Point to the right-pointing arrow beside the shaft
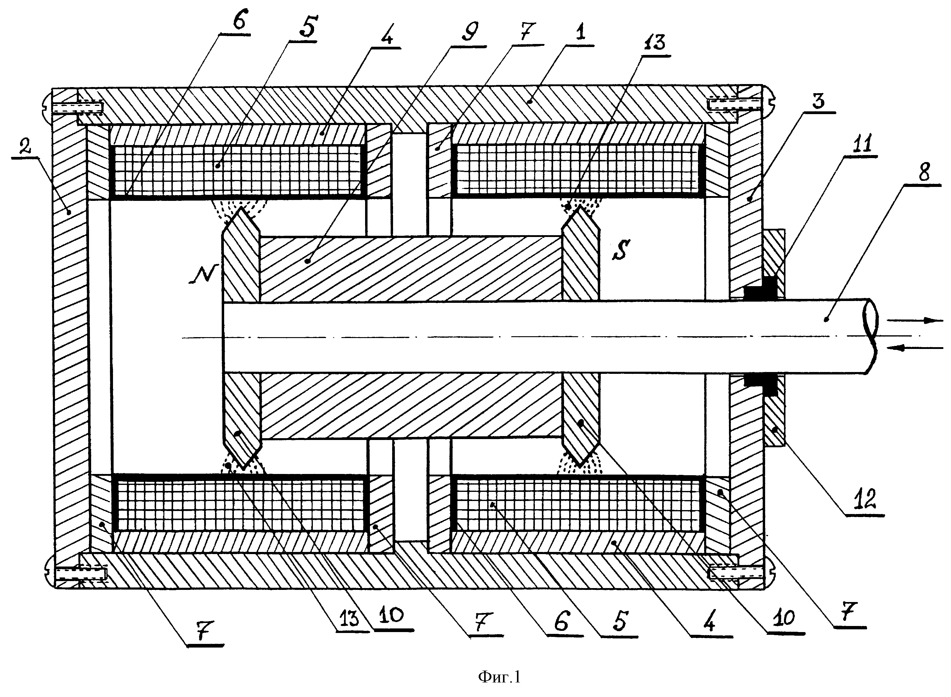(914, 321)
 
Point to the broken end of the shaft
(870, 336)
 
